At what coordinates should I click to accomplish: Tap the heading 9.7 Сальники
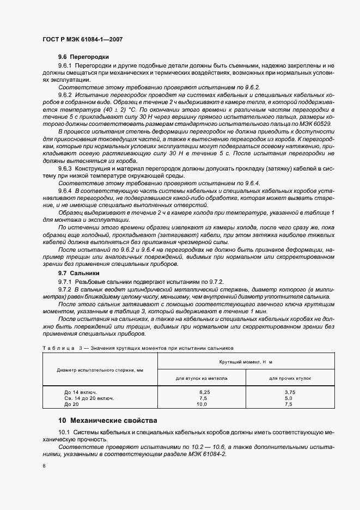click(x=79, y=272)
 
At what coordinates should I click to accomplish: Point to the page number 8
click(x=44, y=466)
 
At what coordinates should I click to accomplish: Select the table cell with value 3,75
click(x=289, y=392)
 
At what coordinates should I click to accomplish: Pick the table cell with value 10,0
click(x=202, y=404)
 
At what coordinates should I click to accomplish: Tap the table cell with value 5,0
click(x=289, y=398)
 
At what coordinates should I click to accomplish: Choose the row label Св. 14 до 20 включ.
click(x=89, y=398)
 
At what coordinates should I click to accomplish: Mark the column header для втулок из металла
click(x=202, y=377)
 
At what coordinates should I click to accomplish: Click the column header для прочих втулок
click(x=289, y=377)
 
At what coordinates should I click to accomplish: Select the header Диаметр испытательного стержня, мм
click(x=100, y=369)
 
